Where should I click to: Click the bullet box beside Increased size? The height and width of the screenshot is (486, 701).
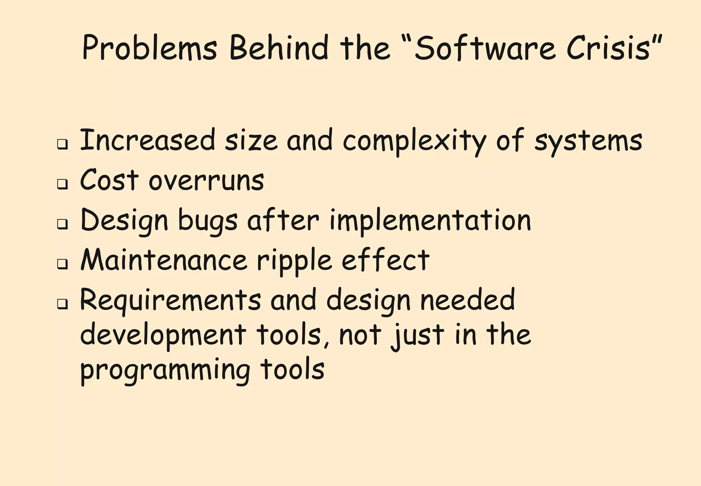pyautogui.click(x=62, y=144)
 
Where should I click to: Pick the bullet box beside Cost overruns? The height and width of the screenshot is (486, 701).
pyautogui.click(x=62, y=184)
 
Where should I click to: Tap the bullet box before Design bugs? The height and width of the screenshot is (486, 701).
pyautogui.click(x=62, y=224)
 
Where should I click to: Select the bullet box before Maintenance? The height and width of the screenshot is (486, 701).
pyautogui.click(x=62, y=264)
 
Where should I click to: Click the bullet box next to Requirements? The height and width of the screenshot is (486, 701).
pyautogui.click(x=62, y=304)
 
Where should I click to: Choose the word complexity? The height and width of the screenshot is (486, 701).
pyautogui.click(x=415, y=141)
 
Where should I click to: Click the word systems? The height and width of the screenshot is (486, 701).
pyautogui.click(x=588, y=141)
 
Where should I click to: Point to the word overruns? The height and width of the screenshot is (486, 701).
pyautogui.click(x=206, y=181)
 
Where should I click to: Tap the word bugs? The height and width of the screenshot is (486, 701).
pyautogui.click(x=208, y=221)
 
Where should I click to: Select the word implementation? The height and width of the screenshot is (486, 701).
pyautogui.click(x=430, y=221)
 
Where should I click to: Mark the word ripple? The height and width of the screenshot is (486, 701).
pyautogui.click(x=294, y=261)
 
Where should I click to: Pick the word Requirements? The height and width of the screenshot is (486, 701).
pyautogui.click(x=170, y=300)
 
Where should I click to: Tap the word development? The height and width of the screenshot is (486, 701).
pyautogui.click(x=163, y=336)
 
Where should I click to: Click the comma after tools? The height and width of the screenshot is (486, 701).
pyautogui.click(x=326, y=343)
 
